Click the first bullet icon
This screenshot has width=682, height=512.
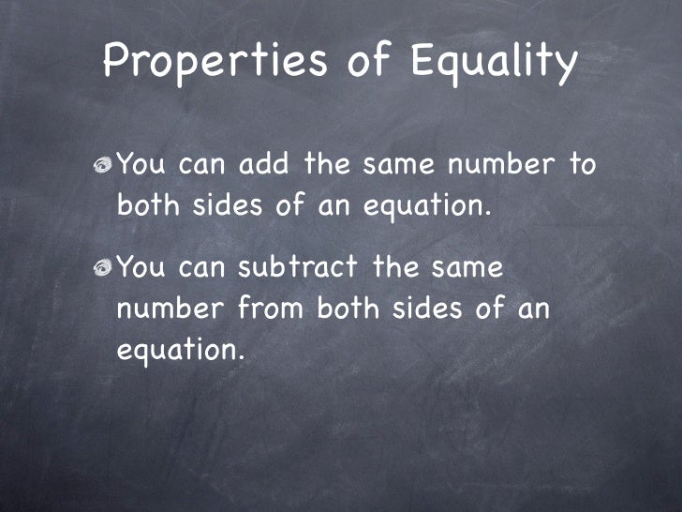101,166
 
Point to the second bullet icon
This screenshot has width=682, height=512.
101,268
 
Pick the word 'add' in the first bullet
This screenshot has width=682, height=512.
262,166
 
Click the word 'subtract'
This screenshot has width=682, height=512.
297,268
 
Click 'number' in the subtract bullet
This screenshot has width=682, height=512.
173,309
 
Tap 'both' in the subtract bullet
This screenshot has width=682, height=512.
352,309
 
